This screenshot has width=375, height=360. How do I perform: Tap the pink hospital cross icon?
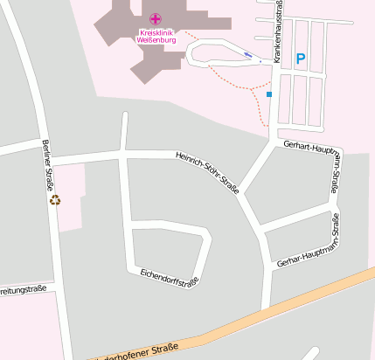(x=156, y=19)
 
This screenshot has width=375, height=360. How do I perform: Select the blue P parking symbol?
(x=301, y=59)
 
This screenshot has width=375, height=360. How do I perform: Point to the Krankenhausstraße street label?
(x=278, y=31)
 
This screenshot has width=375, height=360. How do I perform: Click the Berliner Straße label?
(x=48, y=165)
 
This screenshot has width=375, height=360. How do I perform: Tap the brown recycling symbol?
(x=55, y=200)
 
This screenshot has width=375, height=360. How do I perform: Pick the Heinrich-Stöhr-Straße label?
(x=208, y=170)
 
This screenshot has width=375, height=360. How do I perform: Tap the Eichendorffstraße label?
(x=170, y=279)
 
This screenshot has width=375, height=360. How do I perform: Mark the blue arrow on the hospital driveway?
(x=249, y=56)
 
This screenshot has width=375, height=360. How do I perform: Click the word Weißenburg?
(x=157, y=40)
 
